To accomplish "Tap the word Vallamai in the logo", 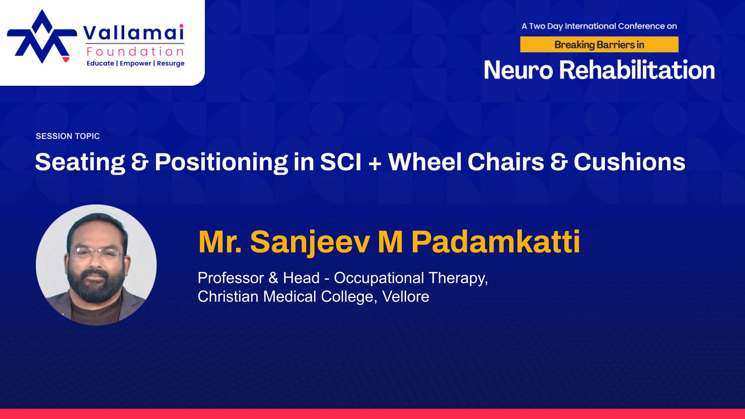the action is click(x=134, y=33).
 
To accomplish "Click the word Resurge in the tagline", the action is click(x=170, y=63).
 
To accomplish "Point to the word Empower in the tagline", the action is click(x=135, y=63).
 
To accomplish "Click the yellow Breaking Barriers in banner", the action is click(x=599, y=45).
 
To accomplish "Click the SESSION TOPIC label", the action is click(x=68, y=136).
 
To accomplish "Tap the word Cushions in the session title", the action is click(x=629, y=162).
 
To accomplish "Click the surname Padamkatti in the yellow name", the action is click(x=496, y=242).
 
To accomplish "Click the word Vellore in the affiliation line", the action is click(x=405, y=296).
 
